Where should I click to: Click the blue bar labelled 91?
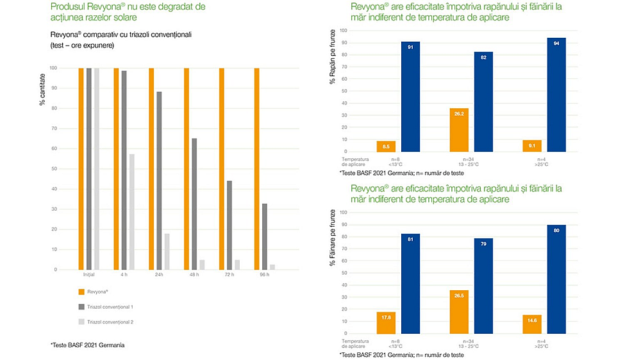pyautogui.click(x=410, y=97)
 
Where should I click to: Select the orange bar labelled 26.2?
pyautogui.click(x=460, y=130)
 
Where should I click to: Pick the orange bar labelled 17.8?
pyautogui.click(x=386, y=323)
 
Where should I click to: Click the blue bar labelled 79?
pyautogui.click(x=483, y=286)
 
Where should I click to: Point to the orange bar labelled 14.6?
pyautogui.click(x=532, y=324)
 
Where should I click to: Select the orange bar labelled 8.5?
pyautogui.click(x=386, y=147)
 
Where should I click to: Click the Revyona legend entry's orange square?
pyautogui.click(x=81, y=291)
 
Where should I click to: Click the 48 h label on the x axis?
pyautogui.click(x=194, y=275)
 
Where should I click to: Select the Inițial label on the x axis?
pyautogui.click(x=89, y=275)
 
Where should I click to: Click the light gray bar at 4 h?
pyautogui.click(x=132, y=211)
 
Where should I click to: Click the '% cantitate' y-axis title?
pyautogui.click(x=43, y=90)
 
